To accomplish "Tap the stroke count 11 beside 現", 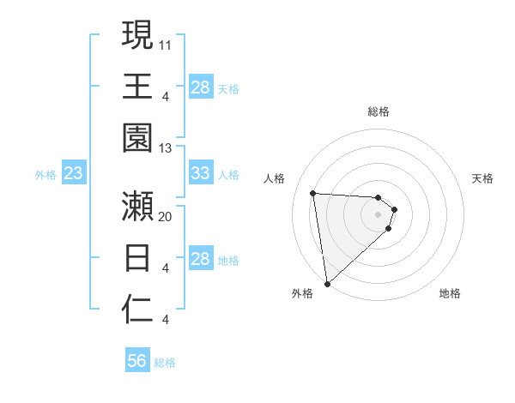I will click(x=166, y=44).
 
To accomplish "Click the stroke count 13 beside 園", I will click(x=166, y=147).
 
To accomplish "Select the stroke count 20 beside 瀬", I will click(x=166, y=216).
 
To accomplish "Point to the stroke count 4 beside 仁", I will click(x=165, y=320).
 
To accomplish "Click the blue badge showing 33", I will click(x=201, y=173).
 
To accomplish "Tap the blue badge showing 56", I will click(x=137, y=361).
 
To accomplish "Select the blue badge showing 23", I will click(x=74, y=173).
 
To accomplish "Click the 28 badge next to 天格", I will click(x=201, y=87).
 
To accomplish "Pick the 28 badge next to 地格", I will click(x=201, y=259).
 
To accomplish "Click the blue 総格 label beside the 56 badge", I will click(x=165, y=363).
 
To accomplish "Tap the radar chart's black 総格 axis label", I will click(x=379, y=111).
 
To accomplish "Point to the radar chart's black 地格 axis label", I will click(x=450, y=293).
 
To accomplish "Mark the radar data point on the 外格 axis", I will click(x=327, y=283).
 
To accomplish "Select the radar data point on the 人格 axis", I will click(x=313, y=193).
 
